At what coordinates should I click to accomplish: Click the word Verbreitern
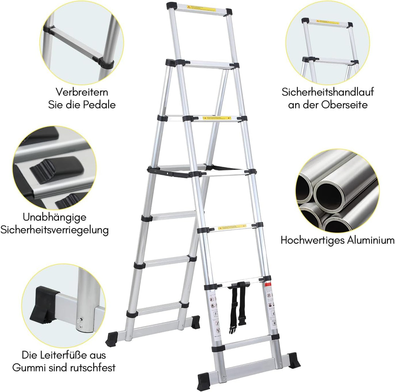click(x=82, y=92)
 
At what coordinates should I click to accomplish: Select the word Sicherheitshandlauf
click(x=328, y=92)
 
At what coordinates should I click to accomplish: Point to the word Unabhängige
click(x=54, y=217)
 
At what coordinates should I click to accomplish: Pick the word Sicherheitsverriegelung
click(x=54, y=231)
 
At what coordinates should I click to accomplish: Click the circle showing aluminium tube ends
click(x=337, y=191)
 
